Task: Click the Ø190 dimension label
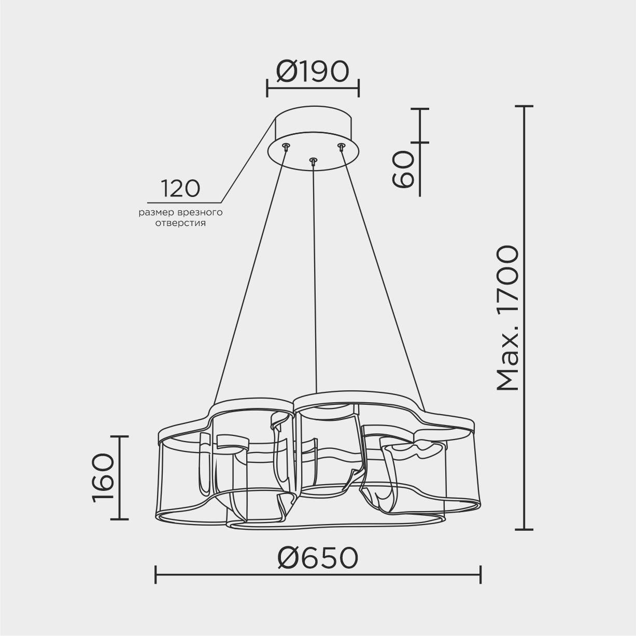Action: [x=312, y=72]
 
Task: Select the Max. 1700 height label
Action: [x=508, y=318]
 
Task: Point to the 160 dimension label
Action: [x=103, y=477]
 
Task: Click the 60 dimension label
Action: [x=403, y=169]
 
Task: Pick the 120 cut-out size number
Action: [x=180, y=189]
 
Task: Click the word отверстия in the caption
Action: [x=180, y=223]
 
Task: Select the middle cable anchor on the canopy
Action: [x=313, y=161]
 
